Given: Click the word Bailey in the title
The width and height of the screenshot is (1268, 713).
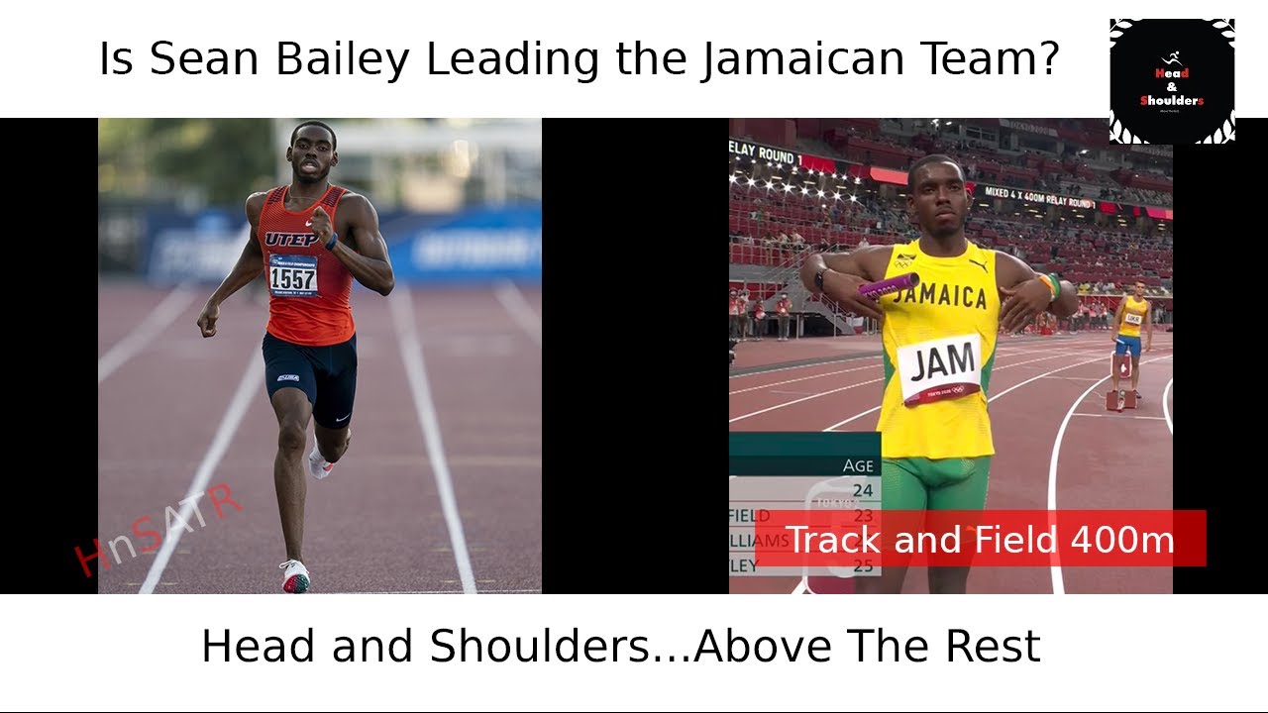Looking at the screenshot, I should pos(342,60).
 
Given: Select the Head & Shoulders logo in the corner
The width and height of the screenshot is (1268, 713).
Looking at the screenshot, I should pos(1172,81).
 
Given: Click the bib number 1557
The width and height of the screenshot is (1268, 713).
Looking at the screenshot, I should pos(294,276).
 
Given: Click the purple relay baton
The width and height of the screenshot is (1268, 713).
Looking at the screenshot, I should pos(889,285).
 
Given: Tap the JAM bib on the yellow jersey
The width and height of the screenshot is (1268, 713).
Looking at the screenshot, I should pos(940,367).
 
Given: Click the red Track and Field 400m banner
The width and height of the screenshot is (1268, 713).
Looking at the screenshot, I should pos(980,539).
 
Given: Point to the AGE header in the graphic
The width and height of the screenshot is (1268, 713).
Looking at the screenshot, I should pos(858,465).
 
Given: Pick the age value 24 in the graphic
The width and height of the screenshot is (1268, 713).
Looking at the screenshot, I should pos(863,489).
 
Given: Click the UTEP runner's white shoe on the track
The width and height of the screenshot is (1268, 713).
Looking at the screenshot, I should pos(294,575).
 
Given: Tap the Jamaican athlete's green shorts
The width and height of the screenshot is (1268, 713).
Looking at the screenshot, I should pos(935,485).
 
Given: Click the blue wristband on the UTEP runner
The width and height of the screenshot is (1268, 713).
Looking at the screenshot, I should pos(331,241).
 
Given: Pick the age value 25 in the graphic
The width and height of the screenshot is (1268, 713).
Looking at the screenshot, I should pos(863,566).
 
